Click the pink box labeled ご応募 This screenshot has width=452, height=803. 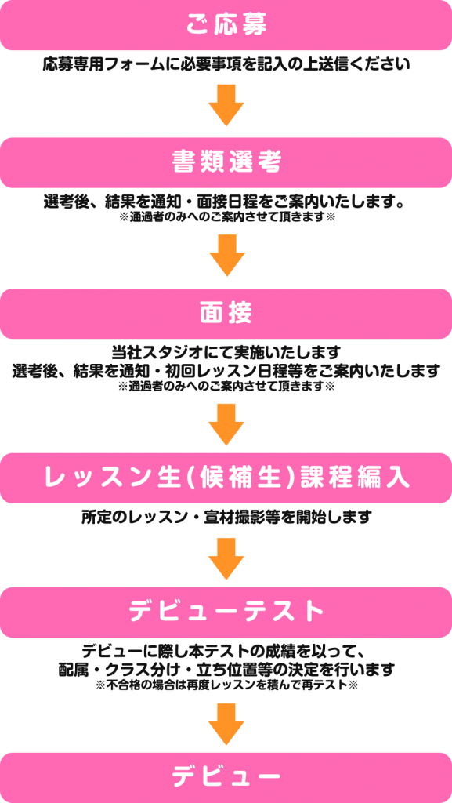pos(226,25)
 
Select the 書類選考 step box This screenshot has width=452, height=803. pos(226,162)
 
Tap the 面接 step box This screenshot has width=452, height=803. pos(226,314)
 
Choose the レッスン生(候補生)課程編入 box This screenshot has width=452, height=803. pos(226,478)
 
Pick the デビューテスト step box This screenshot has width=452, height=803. pos(226,612)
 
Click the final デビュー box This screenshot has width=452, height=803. pos(226,777)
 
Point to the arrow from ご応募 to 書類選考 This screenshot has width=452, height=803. pos(226,105)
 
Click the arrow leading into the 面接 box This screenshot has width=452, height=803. pos(226,256)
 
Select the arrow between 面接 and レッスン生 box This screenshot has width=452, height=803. pos(226,424)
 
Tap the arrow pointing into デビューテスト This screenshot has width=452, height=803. pos(226,558)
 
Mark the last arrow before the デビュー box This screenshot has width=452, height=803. pos(226,724)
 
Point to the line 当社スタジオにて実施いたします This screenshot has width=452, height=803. pos(226,353)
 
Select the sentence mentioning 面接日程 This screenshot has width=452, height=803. pos(226,202)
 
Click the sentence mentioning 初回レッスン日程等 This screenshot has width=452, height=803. pos(226,370)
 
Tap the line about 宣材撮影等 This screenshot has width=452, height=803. pos(226,518)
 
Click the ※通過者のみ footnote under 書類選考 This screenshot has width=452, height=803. pos(226,217)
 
